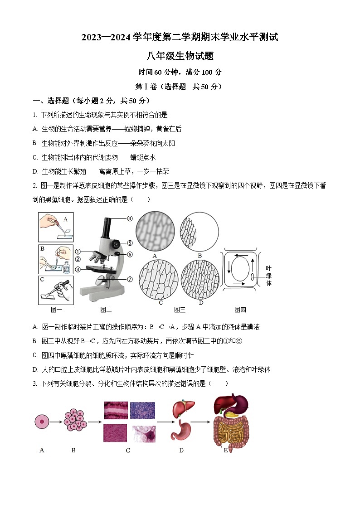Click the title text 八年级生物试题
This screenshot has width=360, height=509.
click(x=180, y=56)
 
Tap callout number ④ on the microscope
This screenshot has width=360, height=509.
click(x=130, y=218)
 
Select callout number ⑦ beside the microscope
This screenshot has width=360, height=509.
click(x=130, y=279)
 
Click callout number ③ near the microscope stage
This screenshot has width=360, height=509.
click(x=78, y=269)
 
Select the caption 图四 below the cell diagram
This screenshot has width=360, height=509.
click(x=240, y=310)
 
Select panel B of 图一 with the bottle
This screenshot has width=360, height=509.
click(x=56, y=259)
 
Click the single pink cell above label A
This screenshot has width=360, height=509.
click(x=41, y=422)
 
